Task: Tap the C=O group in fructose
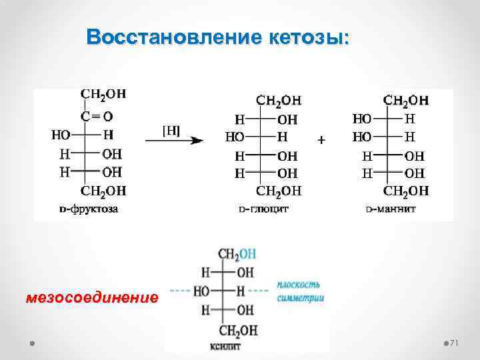coord(97,117)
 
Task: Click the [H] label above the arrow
coord(171,131)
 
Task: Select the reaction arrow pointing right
coord(173,141)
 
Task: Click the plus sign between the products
coord(322,141)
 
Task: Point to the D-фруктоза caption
coord(89,209)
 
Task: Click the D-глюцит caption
coord(264,209)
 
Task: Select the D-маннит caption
coord(391,209)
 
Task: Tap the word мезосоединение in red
coord(92,297)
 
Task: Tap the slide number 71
coord(455,343)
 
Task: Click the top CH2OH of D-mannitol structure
coord(405,101)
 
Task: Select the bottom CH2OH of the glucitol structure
coord(279,191)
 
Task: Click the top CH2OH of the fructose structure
coord(103,95)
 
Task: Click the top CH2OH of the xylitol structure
coord(237,254)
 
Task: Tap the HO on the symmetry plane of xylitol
coord(201,291)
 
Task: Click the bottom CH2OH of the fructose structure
coord(103,192)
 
